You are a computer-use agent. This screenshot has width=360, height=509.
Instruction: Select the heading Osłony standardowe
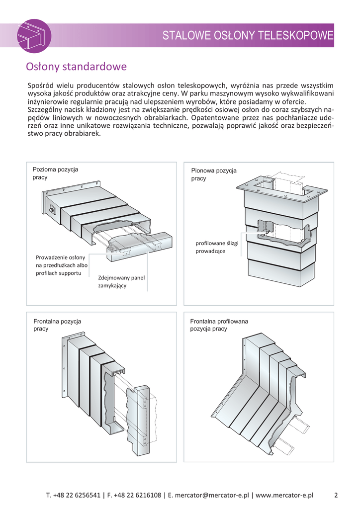tap(76, 67)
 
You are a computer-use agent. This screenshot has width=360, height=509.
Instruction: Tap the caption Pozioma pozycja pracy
tap(55, 173)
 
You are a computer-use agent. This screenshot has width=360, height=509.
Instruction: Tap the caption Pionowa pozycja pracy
tap(214, 174)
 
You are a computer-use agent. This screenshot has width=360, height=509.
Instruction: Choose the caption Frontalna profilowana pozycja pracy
tap(219, 325)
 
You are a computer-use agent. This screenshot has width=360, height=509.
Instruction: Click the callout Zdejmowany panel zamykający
tap(121, 281)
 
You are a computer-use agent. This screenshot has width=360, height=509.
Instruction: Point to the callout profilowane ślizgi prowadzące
tap(217, 248)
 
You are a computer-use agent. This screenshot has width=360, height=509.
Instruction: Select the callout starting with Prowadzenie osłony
tap(61, 265)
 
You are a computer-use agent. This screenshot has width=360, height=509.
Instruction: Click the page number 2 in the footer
tap(336, 495)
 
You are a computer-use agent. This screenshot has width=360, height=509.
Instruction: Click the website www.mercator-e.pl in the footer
tap(284, 495)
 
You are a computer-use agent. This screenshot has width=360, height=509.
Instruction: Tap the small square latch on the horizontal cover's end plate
tap(52, 210)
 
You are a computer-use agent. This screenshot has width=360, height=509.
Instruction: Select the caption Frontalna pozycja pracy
tap(57, 325)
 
